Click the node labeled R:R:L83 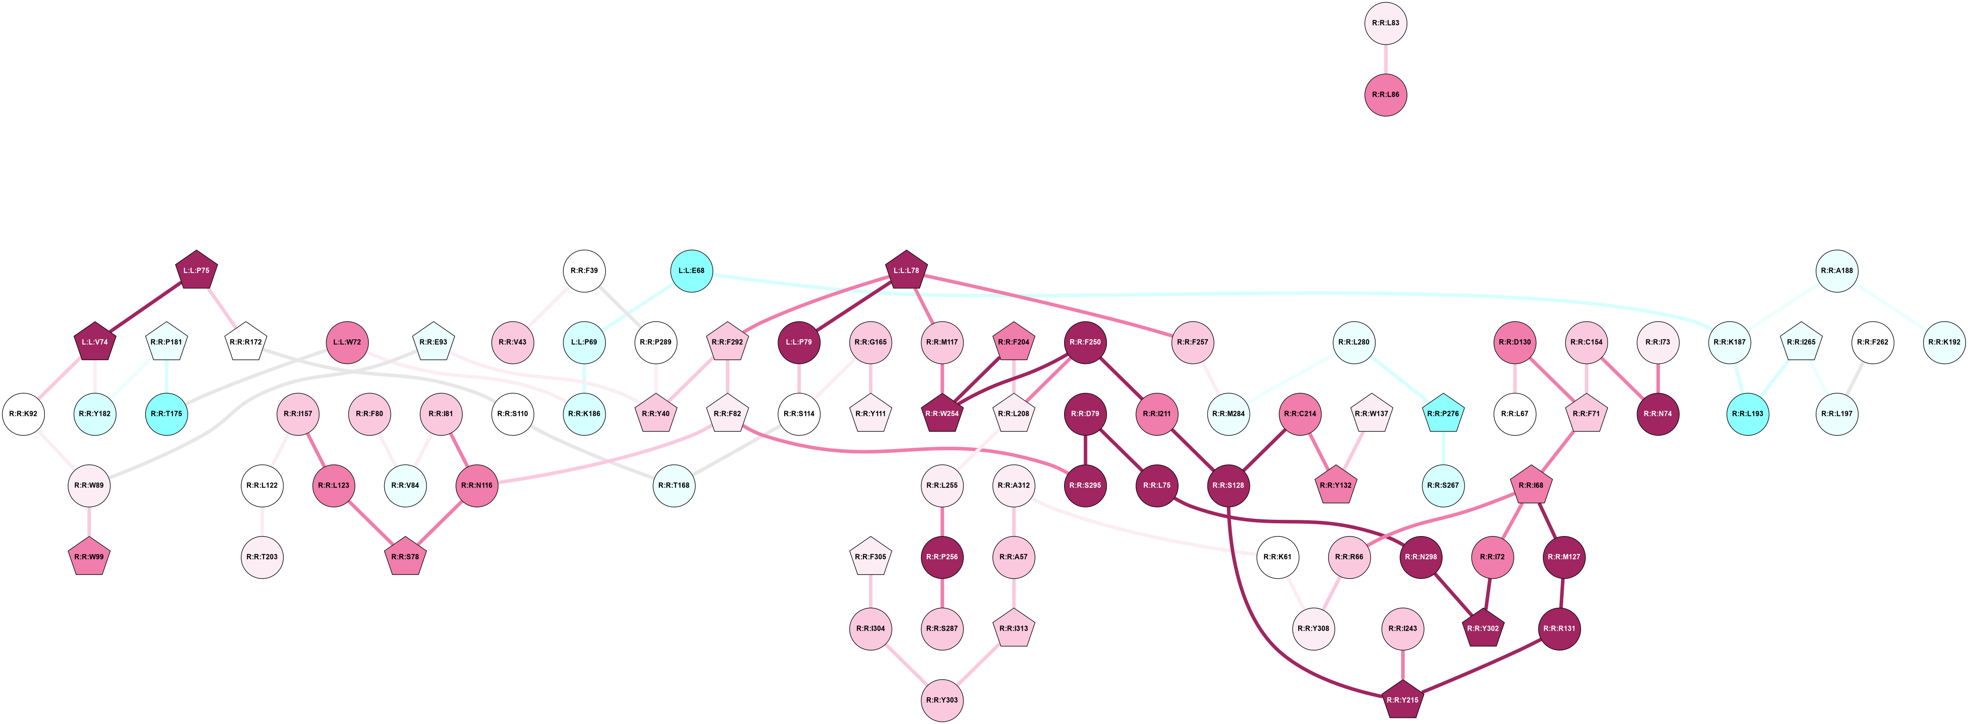(1385, 23)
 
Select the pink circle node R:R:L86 (1385, 95)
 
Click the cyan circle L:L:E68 (691, 270)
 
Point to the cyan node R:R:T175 (166, 414)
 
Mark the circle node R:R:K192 (1943, 342)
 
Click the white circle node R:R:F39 (584, 270)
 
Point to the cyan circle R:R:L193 (1748, 414)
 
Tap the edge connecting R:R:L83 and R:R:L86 (1385, 59)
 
